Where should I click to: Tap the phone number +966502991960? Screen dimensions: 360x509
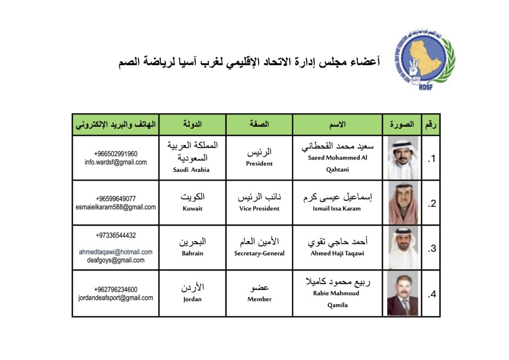coord(115,154)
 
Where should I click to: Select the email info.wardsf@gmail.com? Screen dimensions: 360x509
coord(115,162)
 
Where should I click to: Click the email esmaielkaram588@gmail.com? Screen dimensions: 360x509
coord(115,207)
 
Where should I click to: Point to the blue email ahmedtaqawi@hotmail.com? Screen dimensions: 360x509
coord(115,252)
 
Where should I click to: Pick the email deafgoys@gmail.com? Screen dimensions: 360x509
coord(115,260)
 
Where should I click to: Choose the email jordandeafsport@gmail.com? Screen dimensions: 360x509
coord(115,298)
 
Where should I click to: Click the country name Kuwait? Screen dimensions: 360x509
coord(192,208)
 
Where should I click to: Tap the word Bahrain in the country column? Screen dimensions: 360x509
coord(192,253)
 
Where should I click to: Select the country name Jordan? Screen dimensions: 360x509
coord(192,299)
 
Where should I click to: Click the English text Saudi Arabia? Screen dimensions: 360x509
coord(191,170)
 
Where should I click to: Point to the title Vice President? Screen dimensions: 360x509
coord(259,208)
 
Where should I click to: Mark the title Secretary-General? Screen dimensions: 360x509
coord(259,253)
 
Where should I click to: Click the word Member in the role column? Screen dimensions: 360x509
coord(259,299)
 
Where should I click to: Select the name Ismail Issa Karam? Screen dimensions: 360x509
coord(337,208)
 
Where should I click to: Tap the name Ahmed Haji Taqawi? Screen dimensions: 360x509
coord(337,253)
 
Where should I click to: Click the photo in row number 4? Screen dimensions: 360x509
coord(402,294)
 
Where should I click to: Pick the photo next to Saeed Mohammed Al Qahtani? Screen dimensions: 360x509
coord(402,158)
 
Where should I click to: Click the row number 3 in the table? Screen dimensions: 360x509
coord(431,249)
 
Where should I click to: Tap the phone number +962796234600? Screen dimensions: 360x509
coord(115,289)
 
